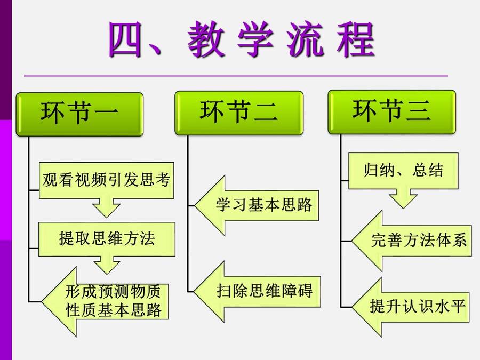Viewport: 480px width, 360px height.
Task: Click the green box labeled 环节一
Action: (x=79, y=114)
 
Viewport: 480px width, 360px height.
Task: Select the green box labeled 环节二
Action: (x=239, y=113)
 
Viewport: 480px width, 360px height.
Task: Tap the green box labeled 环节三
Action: (x=392, y=112)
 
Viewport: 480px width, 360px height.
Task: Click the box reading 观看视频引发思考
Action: (x=106, y=181)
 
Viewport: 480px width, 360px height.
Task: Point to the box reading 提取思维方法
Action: (x=107, y=239)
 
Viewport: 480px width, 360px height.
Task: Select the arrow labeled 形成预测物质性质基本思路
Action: (x=105, y=301)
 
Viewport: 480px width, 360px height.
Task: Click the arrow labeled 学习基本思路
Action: (x=257, y=205)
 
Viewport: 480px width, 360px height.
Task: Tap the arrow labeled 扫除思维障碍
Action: (x=257, y=291)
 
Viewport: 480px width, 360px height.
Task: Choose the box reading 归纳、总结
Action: (x=403, y=171)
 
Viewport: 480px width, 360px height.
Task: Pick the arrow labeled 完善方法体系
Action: (x=411, y=241)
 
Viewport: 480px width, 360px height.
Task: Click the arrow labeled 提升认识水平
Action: (x=410, y=307)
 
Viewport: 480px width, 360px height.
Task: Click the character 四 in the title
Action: (x=125, y=40)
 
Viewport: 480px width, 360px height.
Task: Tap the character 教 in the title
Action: (x=206, y=40)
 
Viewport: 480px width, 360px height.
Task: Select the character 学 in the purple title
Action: (x=255, y=40)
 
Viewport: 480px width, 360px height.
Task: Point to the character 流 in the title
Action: (x=305, y=40)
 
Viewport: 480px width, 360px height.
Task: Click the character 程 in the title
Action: (x=356, y=40)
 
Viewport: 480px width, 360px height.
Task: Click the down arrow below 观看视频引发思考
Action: (x=106, y=208)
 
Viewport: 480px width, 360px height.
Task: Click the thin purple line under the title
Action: (x=236, y=76)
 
